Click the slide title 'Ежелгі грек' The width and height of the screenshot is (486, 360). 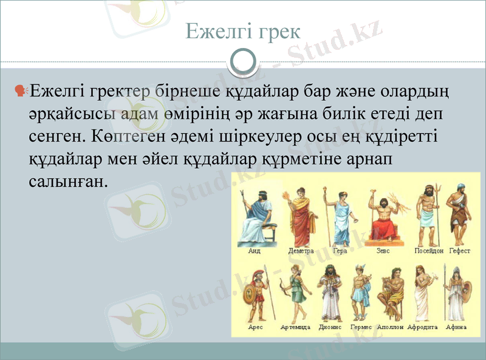(x=242, y=31)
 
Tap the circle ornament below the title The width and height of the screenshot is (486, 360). (x=243, y=62)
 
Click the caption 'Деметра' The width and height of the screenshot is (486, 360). (x=301, y=251)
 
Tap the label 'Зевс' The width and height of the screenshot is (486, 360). (x=383, y=251)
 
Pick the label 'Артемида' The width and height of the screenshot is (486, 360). (x=295, y=327)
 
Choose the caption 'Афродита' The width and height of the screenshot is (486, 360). (x=423, y=327)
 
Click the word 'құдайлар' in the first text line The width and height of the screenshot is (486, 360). (x=238, y=91)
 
